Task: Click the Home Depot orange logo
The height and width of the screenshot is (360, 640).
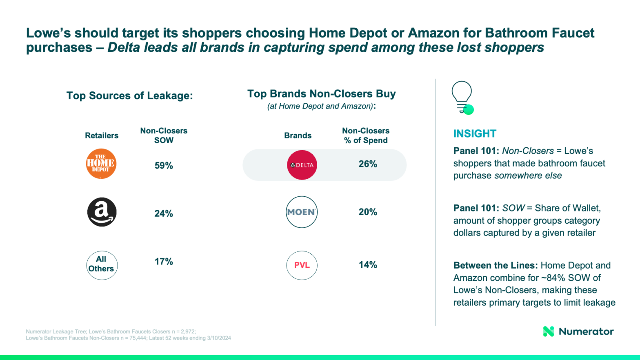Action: click(x=101, y=164)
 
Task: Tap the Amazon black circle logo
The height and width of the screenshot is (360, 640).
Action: click(x=102, y=212)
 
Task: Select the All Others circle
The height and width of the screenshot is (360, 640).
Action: click(x=102, y=265)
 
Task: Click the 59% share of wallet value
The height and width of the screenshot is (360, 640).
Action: click(x=164, y=165)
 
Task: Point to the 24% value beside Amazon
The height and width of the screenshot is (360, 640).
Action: click(x=164, y=213)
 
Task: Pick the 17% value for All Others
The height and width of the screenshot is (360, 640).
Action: click(x=164, y=262)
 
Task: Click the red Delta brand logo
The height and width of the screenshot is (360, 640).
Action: click(x=302, y=165)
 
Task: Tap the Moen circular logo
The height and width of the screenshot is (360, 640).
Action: click(x=302, y=212)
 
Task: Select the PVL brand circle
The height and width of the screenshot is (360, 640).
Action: click(x=302, y=265)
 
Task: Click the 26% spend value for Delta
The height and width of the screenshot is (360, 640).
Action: click(x=368, y=164)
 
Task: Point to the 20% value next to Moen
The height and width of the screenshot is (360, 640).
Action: click(x=368, y=212)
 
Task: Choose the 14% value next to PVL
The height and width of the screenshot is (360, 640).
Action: click(x=368, y=265)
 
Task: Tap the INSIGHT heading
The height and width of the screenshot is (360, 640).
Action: click(x=475, y=133)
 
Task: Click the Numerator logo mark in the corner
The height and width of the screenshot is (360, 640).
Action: click(x=549, y=331)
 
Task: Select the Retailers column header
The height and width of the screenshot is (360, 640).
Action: click(x=102, y=136)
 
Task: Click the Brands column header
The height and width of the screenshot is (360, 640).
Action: click(x=298, y=136)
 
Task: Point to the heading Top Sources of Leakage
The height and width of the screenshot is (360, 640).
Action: click(x=129, y=96)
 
